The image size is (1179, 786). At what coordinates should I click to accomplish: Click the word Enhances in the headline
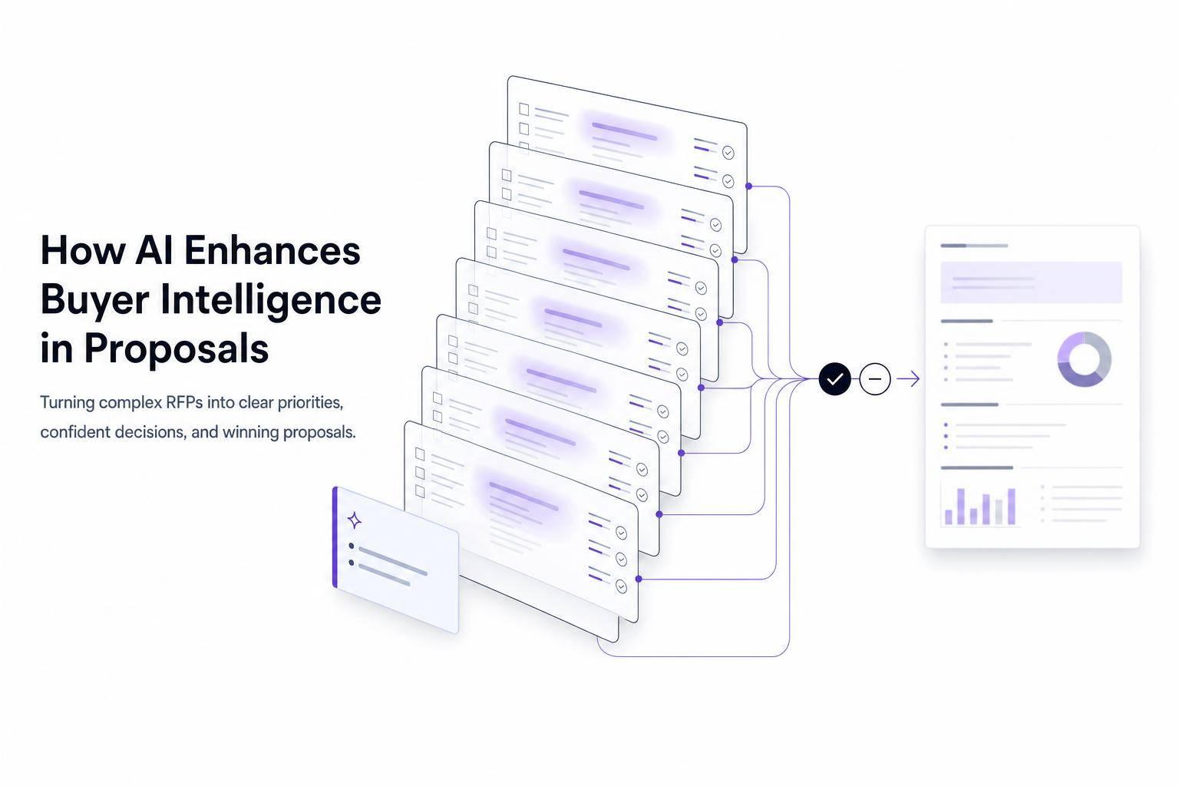click(272, 250)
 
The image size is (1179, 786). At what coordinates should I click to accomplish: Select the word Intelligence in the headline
click(270, 300)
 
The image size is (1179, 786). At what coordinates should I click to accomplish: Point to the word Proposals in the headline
click(177, 348)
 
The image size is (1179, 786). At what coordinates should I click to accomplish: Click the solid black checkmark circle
click(835, 378)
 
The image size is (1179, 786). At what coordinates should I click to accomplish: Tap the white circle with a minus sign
click(875, 378)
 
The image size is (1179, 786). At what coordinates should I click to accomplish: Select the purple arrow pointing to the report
click(908, 378)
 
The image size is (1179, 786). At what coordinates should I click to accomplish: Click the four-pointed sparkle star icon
click(355, 520)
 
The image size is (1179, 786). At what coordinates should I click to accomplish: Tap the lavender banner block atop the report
click(1031, 282)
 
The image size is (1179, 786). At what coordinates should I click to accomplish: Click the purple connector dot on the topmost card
click(748, 186)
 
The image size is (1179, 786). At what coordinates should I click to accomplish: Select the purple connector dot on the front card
click(639, 579)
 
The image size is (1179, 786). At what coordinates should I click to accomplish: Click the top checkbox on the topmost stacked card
click(523, 109)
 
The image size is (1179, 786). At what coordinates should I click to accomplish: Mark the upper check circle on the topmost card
click(728, 153)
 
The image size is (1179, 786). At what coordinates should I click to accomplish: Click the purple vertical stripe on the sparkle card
click(335, 537)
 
